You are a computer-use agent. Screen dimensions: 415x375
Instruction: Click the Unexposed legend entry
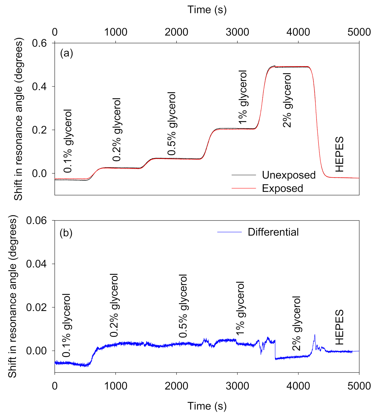[x=289, y=175]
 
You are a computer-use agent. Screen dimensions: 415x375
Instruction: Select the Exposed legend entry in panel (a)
[x=282, y=188]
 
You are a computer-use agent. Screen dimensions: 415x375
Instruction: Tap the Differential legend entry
[x=273, y=232]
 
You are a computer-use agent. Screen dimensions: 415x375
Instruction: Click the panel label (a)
[x=66, y=53]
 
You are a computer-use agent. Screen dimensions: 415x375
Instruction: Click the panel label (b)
[x=66, y=233]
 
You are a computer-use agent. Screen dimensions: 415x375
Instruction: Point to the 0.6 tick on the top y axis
[x=39, y=43]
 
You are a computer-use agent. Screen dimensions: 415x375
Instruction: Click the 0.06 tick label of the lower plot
[x=36, y=220]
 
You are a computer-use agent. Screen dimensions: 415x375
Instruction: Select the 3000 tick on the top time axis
[x=237, y=32]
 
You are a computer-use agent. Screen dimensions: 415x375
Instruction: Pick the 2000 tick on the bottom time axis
[x=176, y=386]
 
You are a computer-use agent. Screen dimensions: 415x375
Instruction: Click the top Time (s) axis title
[x=207, y=10]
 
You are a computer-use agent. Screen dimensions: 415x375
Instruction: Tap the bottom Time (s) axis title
[x=207, y=406]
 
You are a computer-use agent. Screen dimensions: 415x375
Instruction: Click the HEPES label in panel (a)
[x=340, y=154]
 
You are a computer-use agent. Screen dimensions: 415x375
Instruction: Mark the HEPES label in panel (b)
[x=340, y=327]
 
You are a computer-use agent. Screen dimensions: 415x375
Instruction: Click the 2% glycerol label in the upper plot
[x=287, y=100]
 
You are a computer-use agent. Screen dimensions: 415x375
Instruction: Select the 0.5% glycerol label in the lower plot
[x=183, y=306]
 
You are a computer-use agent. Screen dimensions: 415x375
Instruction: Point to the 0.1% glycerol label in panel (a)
[x=68, y=141]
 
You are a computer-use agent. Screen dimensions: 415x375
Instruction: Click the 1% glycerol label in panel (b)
[x=240, y=308]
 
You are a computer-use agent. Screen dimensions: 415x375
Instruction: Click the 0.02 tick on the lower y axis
[x=36, y=307]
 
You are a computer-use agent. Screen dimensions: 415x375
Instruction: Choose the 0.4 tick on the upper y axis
[x=39, y=87]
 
